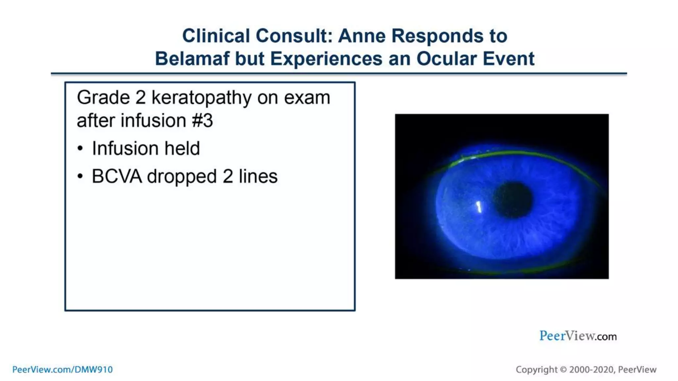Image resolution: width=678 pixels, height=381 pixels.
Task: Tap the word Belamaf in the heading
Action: [x=193, y=59]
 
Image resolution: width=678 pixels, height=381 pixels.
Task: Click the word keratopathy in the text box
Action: [x=201, y=98]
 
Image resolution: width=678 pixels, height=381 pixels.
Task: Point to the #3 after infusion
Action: [x=202, y=120]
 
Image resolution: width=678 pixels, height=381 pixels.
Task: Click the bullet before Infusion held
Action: [x=80, y=148]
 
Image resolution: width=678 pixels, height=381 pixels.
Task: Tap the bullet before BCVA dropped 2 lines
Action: [x=80, y=176]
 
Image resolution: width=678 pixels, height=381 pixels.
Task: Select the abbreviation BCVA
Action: [x=117, y=176]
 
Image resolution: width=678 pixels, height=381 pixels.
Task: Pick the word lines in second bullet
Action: [x=258, y=176]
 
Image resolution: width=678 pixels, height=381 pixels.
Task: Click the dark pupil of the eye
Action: [x=513, y=200]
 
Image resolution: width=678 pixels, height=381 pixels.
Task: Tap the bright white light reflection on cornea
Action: [x=478, y=207]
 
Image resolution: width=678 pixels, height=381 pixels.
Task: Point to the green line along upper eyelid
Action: [x=516, y=153]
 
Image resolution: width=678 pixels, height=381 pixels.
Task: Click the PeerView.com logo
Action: [x=578, y=336]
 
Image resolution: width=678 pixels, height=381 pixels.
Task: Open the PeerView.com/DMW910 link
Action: [x=62, y=369]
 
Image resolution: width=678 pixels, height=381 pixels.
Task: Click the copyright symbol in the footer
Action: [x=563, y=369]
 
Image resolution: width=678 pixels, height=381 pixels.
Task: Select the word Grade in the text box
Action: [x=103, y=98]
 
